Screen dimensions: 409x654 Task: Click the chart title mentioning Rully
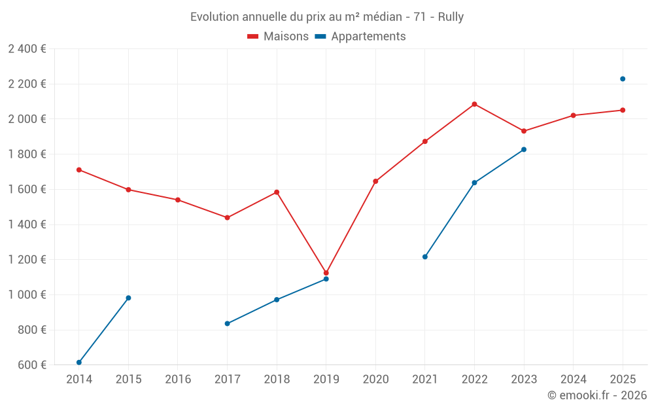pyautogui.click(x=326, y=17)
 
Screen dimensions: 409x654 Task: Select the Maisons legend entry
pyautogui.click(x=278, y=37)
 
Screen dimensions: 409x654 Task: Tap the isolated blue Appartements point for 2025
pyautogui.click(x=623, y=79)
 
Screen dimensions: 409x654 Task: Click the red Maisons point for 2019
pyautogui.click(x=326, y=273)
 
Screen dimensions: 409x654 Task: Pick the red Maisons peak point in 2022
pyautogui.click(x=474, y=104)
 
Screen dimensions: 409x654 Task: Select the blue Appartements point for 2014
pyautogui.click(x=79, y=363)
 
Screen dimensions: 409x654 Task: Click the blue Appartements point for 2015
pyautogui.click(x=128, y=298)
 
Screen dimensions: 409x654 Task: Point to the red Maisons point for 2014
pyautogui.click(x=79, y=170)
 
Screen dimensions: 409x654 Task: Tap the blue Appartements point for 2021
pyautogui.click(x=425, y=257)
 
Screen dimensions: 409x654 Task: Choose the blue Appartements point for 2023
pyautogui.click(x=524, y=149)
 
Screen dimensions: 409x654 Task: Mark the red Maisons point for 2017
pyautogui.click(x=227, y=218)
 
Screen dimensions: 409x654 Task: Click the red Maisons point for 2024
pyautogui.click(x=573, y=115)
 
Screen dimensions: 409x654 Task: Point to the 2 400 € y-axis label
pyautogui.click(x=27, y=49)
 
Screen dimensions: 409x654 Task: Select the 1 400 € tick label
pyautogui.click(x=27, y=224)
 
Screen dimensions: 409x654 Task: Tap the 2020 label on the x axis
pyautogui.click(x=375, y=380)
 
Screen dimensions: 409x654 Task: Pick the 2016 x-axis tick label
pyautogui.click(x=178, y=380)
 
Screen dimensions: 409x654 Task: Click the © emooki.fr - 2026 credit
pyautogui.click(x=596, y=395)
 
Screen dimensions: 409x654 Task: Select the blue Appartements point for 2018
pyautogui.click(x=277, y=300)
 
